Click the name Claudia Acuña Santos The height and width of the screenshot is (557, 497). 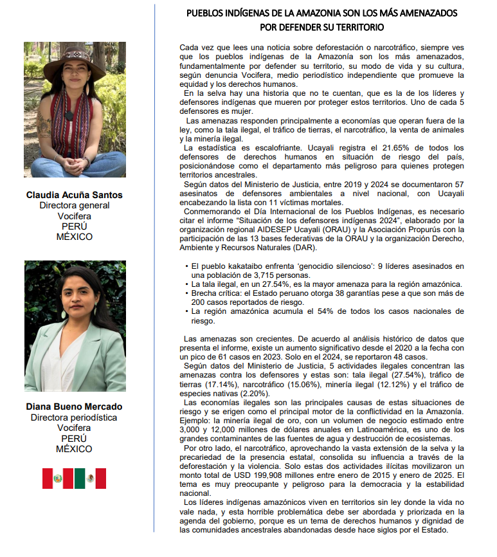tap(75, 195)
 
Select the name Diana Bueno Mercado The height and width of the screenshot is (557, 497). tap(75, 407)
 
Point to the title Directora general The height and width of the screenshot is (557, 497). tap(75, 206)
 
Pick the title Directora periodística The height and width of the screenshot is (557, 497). tap(75, 418)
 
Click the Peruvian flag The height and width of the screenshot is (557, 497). tap(57, 479)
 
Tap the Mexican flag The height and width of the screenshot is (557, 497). tap(90, 479)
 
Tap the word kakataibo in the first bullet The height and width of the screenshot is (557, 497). tap(244, 265)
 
